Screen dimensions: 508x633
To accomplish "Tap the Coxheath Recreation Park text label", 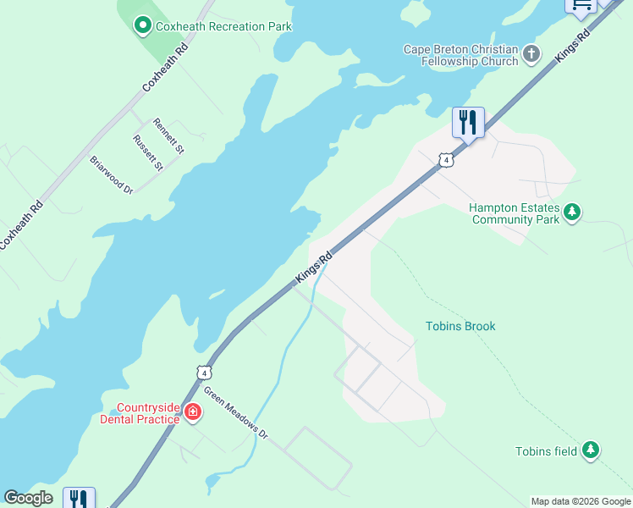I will (x=223, y=26).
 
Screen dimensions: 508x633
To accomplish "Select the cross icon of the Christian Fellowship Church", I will (x=531, y=55).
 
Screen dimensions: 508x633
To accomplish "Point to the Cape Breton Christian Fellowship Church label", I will (x=460, y=55).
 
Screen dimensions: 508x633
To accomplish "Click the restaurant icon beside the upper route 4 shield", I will (x=468, y=124).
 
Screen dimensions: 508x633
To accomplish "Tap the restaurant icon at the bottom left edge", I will (x=79, y=499).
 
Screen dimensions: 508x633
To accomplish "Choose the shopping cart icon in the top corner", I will (x=581, y=5).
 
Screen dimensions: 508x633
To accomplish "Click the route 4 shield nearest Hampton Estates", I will (x=445, y=159).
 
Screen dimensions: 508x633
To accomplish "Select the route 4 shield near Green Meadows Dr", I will (x=203, y=372).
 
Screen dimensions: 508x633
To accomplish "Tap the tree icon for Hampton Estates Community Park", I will (x=572, y=212).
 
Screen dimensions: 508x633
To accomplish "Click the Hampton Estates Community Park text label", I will (x=515, y=213).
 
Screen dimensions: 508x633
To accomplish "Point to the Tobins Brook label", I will (x=460, y=326).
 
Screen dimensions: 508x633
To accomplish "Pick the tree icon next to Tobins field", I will (x=591, y=451).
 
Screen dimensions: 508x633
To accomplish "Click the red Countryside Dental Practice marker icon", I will (x=193, y=412).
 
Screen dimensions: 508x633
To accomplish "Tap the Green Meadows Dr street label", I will (x=236, y=413).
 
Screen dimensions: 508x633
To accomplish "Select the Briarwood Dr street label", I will (x=112, y=174).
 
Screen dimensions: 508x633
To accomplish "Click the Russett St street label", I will (x=147, y=152).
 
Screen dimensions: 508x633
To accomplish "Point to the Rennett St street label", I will (x=168, y=135).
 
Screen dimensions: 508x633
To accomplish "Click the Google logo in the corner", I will (x=28, y=498).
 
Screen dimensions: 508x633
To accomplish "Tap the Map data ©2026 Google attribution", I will (x=581, y=501).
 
